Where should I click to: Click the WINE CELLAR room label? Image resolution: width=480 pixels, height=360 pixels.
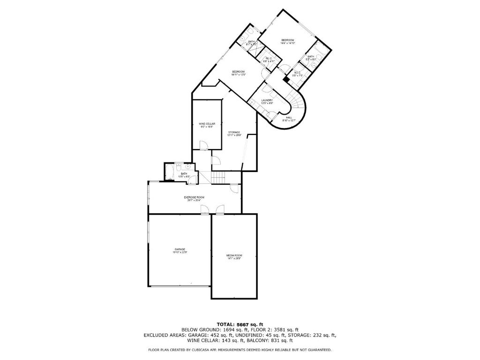pyautogui.click(x=207, y=123)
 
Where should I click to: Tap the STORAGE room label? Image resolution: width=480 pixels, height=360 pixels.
pyautogui.click(x=234, y=132)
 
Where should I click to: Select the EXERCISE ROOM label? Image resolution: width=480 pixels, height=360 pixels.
pyautogui.click(x=194, y=197)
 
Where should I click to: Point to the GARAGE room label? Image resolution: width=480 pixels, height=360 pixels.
pyautogui.click(x=180, y=249)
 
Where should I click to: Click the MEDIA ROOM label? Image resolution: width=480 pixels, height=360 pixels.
pyautogui.click(x=234, y=255)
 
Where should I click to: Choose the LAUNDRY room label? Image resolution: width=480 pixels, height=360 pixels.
pyautogui.click(x=267, y=100)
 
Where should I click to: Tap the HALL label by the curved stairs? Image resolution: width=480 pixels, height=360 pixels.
pyautogui.click(x=289, y=117)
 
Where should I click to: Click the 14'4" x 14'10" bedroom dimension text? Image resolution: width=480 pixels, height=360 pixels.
pyautogui.click(x=287, y=44)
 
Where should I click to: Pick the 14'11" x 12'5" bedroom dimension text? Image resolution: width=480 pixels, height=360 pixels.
pyautogui.click(x=239, y=75)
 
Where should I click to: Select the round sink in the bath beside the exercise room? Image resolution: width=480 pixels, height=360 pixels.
pyautogui.click(x=188, y=166)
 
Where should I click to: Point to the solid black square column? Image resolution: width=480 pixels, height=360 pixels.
pyautogui.click(x=285, y=79)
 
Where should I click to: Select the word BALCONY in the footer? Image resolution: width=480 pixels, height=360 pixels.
pyautogui.click(x=264, y=341)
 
